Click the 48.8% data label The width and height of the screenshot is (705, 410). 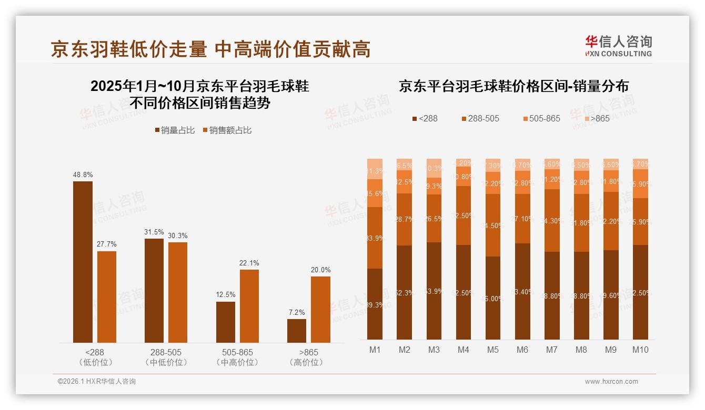(83, 175)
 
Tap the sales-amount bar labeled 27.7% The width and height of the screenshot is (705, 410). (107, 296)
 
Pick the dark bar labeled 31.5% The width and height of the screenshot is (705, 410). (154, 290)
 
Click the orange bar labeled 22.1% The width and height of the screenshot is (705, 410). (249, 306)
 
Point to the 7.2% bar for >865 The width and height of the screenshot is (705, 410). (297, 331)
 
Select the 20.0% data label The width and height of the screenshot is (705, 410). (320, 270)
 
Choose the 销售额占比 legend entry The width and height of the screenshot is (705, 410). (227, 130)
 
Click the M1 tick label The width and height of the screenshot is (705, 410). (375, 350)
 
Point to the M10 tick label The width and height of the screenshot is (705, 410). (640, 350)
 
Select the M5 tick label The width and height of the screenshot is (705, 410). (493, 350)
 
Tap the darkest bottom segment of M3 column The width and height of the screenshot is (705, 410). (434, 291)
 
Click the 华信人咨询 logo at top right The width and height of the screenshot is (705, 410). (618, 46)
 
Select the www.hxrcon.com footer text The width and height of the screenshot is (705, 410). (611, 382)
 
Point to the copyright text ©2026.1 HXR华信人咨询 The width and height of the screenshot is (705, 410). (97, 382)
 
